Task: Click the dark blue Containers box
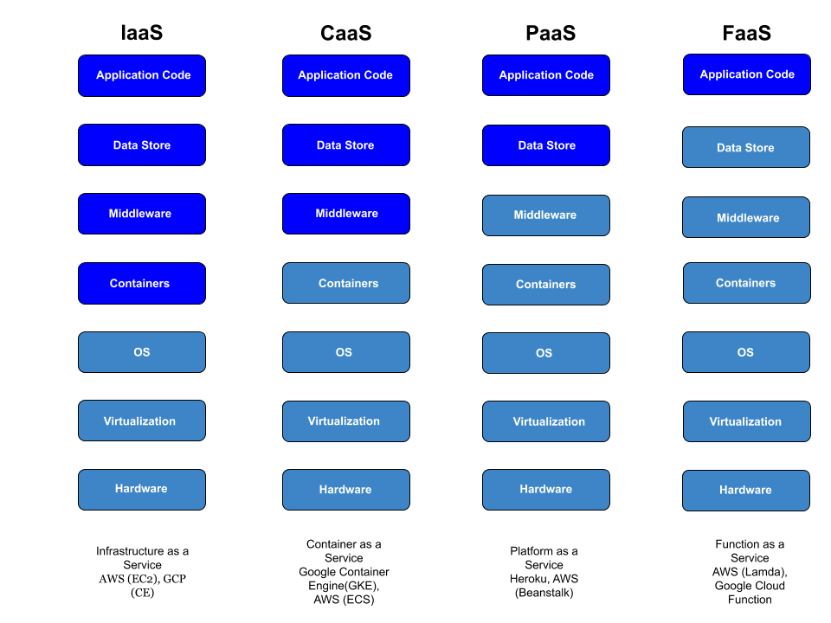[142, 284]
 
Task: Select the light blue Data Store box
[746, 147]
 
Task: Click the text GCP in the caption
[174, 579]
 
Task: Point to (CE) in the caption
[142, 593]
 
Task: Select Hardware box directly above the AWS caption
[142, 490]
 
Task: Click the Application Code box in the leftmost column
[142, 76]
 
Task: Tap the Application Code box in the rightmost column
[746, 74]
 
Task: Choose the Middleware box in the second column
[346, 214]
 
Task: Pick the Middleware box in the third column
[546, 215]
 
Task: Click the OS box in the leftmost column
[142, 352]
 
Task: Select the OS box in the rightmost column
[746, 352]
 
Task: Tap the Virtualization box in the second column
[346, 421]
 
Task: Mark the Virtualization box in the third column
[546, 421]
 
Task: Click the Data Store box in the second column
[346, 145]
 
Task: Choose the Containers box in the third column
[546, 285]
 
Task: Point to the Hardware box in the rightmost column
[746, 491]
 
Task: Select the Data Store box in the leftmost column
[142, 145]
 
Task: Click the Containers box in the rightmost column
[746, 283]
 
